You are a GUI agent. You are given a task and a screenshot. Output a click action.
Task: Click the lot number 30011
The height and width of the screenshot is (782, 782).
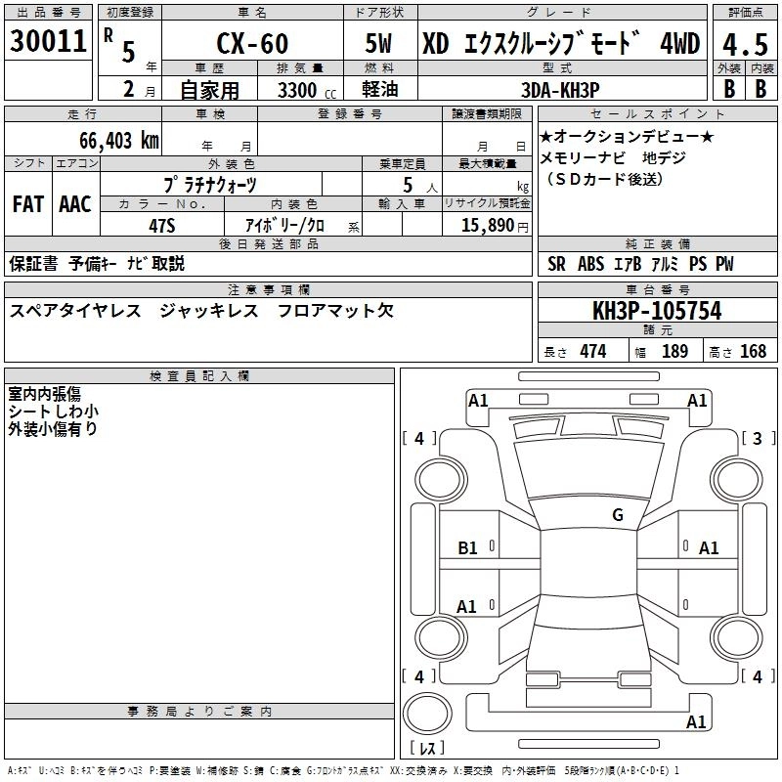48,42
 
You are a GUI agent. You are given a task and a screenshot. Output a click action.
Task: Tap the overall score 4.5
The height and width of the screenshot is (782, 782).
745,44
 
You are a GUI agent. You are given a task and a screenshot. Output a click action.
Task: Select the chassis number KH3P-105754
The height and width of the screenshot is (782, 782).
657,311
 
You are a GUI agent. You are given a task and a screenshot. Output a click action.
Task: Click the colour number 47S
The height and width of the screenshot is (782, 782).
161,224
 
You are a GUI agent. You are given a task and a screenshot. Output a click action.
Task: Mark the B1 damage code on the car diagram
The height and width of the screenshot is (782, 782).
468,548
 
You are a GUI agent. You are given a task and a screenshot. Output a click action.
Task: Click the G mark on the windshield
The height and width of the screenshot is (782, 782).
617,514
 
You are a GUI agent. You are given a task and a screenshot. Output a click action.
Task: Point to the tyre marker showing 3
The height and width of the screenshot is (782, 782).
758,439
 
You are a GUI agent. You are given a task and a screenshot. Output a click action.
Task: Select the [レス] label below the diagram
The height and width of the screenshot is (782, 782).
426,748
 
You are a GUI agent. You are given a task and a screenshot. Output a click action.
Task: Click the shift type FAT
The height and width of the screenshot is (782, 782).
27,203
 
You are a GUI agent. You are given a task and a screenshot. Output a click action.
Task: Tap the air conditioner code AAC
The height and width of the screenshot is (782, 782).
74,203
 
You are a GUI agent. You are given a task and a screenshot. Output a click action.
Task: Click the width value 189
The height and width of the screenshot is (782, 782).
674,352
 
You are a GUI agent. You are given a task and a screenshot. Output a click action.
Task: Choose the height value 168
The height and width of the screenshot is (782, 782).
753,352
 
